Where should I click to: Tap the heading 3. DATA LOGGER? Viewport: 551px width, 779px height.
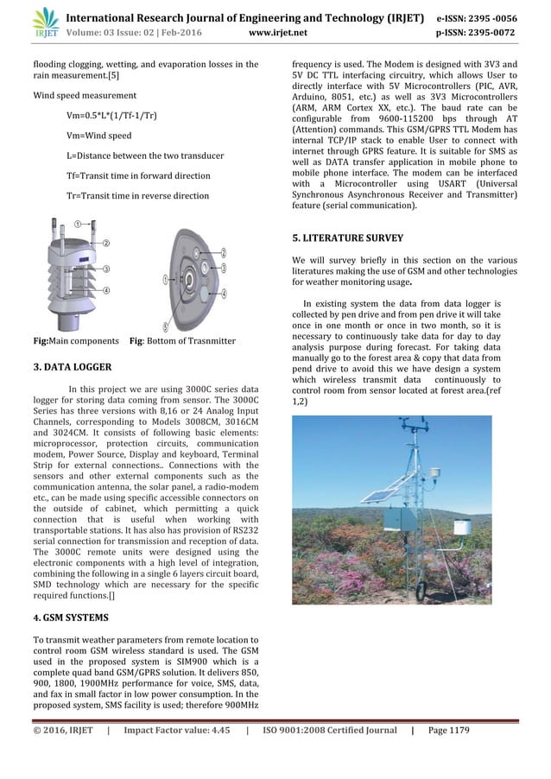72,367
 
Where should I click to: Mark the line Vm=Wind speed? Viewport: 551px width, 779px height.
98,136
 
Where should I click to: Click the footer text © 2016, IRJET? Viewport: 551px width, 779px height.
61,731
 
